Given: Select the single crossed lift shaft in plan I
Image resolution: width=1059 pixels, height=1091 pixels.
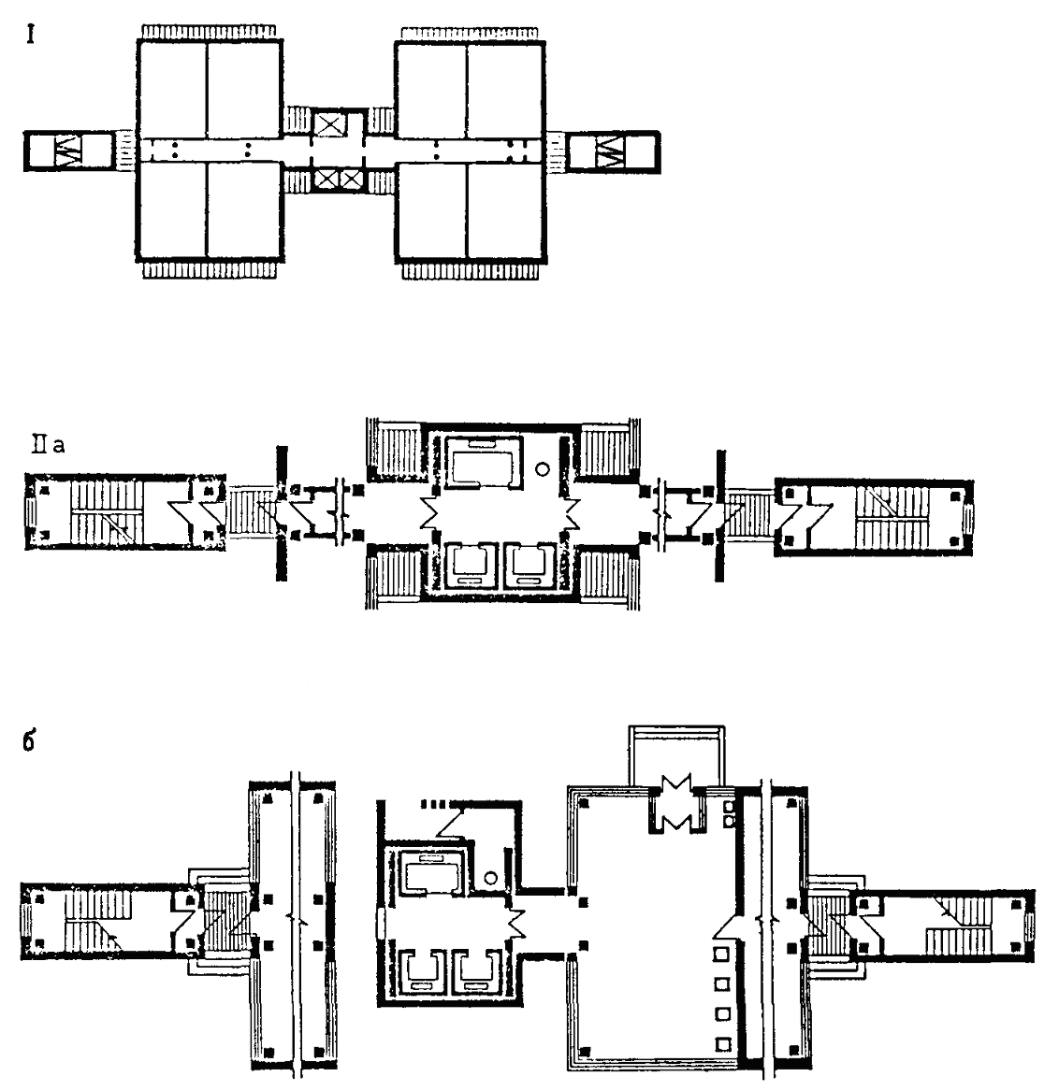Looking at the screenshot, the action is tap(329, 124).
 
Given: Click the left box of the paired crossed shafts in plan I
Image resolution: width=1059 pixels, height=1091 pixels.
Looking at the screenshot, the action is tap(327, 178).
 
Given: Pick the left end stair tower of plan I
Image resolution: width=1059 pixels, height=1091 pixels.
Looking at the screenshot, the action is tap(67, 151).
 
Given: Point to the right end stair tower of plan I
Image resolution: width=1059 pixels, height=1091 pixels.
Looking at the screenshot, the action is tap(615, 151).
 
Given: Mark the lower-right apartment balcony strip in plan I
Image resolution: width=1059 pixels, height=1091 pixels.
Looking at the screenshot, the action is tap(471, 270).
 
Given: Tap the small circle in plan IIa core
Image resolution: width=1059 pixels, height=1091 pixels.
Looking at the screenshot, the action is tap(540, 468).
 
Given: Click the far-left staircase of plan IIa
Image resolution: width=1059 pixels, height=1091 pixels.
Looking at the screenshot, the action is tap(103, 510).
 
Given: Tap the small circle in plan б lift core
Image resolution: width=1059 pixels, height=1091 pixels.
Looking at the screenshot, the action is tap(491, 879).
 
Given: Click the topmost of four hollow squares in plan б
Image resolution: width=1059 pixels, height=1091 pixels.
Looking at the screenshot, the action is tap(721, 955).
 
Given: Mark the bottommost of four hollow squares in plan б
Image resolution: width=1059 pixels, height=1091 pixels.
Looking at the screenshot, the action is tap(721, 1042).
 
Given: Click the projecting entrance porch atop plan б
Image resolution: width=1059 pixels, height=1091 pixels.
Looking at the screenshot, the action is tap(675, 757).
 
